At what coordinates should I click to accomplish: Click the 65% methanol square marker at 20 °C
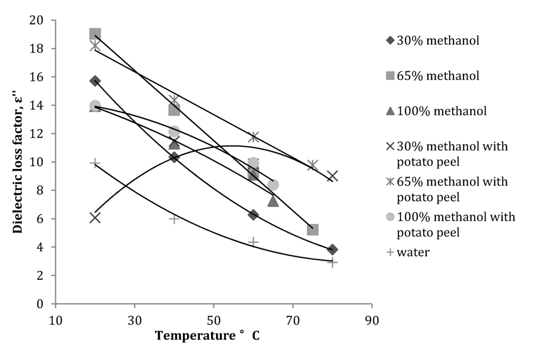click(95, 34)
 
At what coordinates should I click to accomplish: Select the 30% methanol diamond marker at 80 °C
click(333, 250)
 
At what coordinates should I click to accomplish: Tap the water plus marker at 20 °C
click(95, 164)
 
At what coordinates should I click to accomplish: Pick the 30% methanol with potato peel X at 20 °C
click(95, 217)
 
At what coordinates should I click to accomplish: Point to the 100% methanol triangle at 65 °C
click(273, 201)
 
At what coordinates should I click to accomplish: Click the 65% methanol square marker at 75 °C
click(312, 230)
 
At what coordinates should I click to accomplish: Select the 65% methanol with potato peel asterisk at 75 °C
click(312, 166)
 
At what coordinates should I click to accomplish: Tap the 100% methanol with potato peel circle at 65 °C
click(273, 185)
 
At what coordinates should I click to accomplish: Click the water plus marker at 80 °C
click(333, 262)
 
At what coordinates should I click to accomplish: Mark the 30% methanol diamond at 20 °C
click(95, 81)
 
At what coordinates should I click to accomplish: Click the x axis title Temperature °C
click(207, 336)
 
